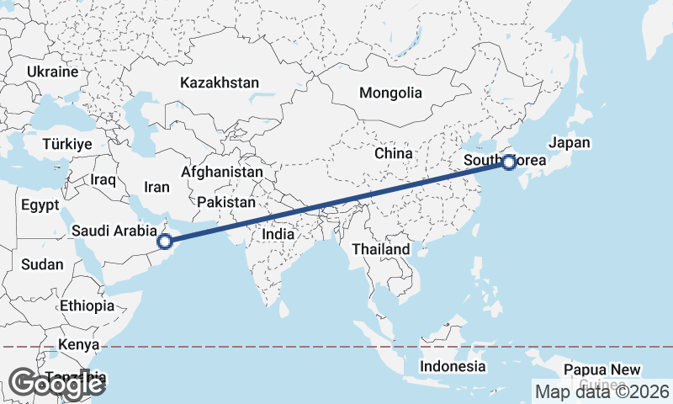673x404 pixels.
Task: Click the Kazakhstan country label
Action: [x=219, y=83]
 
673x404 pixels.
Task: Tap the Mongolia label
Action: [x=390, y=93]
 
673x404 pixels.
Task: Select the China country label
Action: [x=394, y=154]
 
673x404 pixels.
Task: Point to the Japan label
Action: [x=569, y=143]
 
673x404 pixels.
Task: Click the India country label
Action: [x=278, y=234]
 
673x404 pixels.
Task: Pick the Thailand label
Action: [x=381, y=249]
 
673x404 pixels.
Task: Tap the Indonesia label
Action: [x=453, y=366]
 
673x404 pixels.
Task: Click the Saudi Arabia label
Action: [x=114, y=230]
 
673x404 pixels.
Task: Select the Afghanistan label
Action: [x=221, y=171]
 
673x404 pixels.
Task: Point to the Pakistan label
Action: [x=226, y=203]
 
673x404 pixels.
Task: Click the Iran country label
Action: [x=157, y=188]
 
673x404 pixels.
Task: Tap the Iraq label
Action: [x=102, y=180]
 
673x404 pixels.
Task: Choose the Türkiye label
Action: [x=66, y=145]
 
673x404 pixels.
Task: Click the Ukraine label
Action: [x=52, y=72]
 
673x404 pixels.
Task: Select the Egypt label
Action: [x=40, y=205]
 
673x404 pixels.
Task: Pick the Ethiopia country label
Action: [x=87, y=306]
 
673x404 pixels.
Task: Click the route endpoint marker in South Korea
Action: [x=509, y=162]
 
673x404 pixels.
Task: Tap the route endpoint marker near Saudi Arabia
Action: [x=165, y=242]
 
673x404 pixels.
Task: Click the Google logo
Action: [x=56, y=384]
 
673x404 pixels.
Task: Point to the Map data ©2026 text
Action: [x=602, y=391]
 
